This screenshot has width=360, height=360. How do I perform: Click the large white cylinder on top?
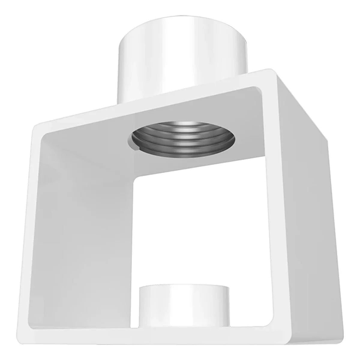click(x=183, y=57)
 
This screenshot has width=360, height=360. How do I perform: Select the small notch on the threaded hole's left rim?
click(x=135, y=146)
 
